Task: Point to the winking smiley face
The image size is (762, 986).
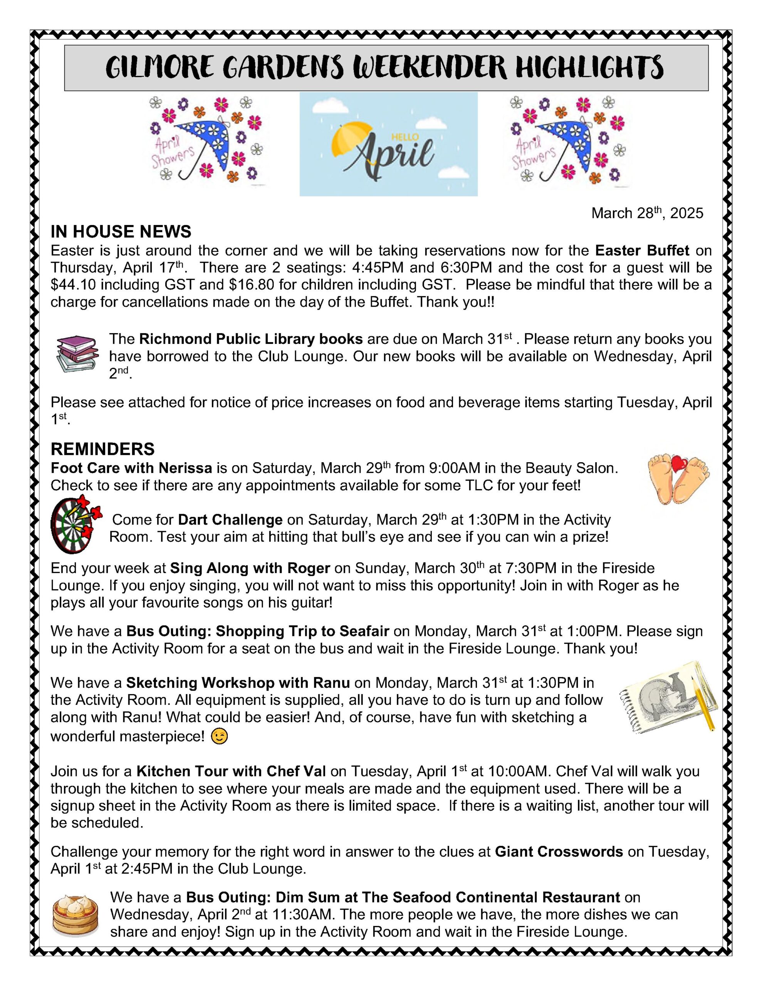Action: click(x=220, y=737)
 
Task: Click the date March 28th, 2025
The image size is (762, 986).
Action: click(x=647, y=213)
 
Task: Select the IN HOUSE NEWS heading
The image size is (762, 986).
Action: click(x=121, y=231)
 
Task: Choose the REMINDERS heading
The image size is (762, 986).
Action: click(x=102, y=449)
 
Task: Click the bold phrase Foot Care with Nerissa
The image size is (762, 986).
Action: click(x=131, y=468)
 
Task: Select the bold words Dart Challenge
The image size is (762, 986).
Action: click(x=230, y=520)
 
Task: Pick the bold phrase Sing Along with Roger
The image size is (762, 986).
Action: click(x=250, y=568)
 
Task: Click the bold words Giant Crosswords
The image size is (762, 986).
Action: click(x=559, y=852)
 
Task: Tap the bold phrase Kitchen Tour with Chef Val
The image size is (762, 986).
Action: click(x=231, y=771)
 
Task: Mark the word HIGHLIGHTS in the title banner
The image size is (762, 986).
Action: click(x=589, y=68)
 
